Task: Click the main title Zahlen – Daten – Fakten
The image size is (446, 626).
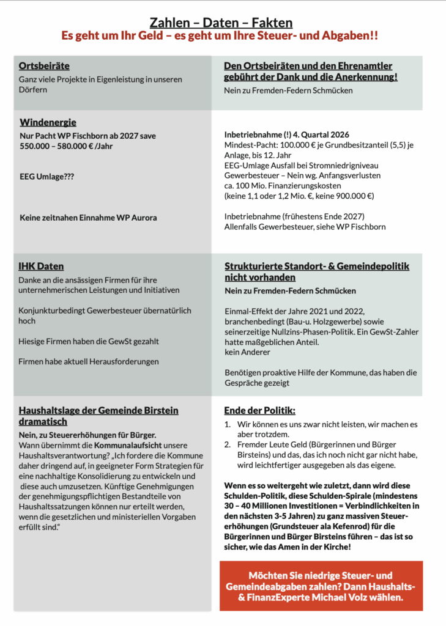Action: click(x=221, y=23)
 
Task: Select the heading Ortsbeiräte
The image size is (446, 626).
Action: click(x=44, y=66)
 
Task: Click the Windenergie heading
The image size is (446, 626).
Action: click(x=48, y=123)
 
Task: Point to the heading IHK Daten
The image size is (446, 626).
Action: click(x=41, y=267)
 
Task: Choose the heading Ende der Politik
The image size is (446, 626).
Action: click(x=259, y=410)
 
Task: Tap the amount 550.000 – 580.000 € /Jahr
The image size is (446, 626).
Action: click(x=66, y=146)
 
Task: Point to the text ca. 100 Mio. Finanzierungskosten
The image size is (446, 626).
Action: click(x=283, y=185)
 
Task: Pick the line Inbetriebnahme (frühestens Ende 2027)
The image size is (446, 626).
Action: click(x=294, y=216)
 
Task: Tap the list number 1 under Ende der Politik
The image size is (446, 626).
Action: click(x=227, y=424)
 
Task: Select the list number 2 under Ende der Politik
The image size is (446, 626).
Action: click(x=227, y=444)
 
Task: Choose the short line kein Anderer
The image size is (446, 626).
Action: click(x=248, y=352)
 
